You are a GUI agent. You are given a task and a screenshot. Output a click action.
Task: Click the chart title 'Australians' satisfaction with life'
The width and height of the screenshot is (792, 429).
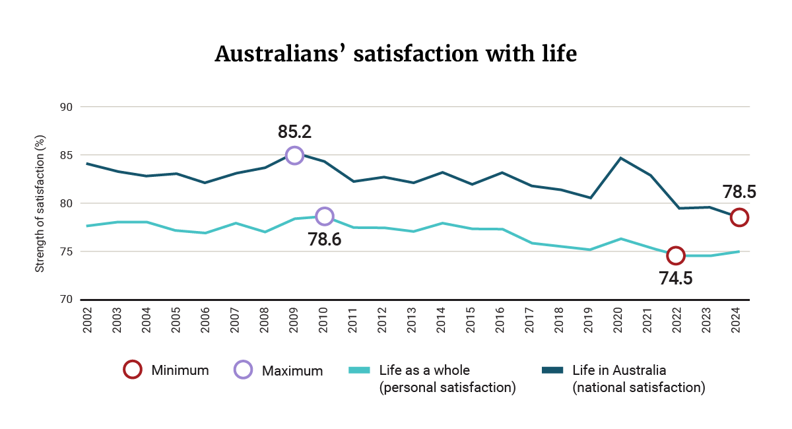[396, 53]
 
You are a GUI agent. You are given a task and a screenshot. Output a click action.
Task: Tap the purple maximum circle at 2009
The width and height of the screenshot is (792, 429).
[294, 156]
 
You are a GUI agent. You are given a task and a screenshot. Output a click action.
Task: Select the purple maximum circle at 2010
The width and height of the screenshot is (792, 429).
[324, 216]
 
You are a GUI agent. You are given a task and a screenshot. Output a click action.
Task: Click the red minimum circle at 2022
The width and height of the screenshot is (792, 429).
[675, 255]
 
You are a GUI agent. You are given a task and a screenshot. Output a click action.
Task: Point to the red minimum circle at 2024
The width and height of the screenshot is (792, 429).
[739, 217]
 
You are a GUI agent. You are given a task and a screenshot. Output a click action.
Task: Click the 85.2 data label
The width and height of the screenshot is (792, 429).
[294, 132]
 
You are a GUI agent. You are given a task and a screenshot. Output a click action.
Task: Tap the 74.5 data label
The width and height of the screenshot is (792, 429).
[676, 279]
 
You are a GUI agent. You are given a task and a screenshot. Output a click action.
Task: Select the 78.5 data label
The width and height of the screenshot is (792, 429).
[739, 193]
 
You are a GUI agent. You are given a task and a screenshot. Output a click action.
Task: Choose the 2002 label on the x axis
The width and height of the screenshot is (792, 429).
[87, 320]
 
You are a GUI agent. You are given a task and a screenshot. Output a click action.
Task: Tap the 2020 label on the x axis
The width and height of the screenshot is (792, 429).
[620, 320]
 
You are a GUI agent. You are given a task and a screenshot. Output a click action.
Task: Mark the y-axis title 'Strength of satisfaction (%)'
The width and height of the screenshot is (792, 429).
[40, 203]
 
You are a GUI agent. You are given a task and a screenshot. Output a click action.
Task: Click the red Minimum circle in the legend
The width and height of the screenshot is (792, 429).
[133, 370]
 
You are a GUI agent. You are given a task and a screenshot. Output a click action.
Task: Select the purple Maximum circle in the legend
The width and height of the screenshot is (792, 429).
[244, 370]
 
